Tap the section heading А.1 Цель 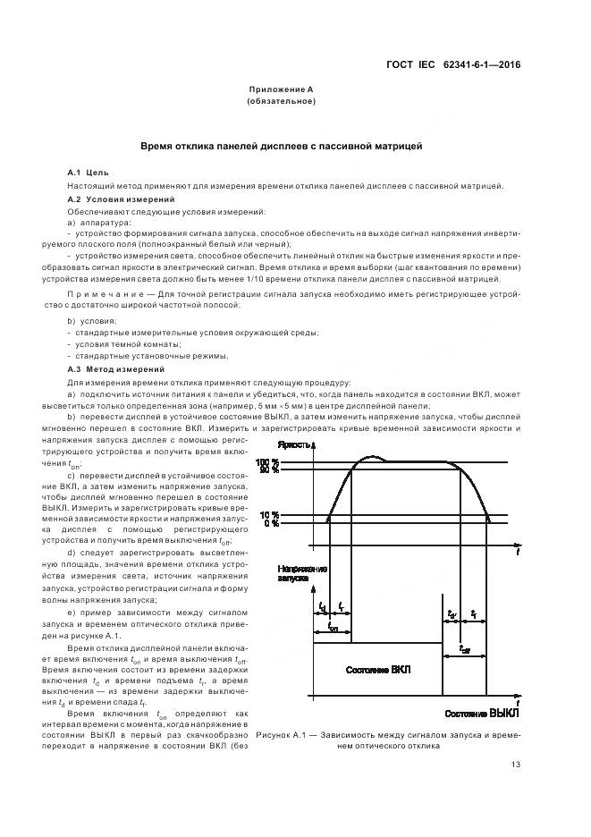tap(89, 171)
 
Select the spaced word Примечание tap(102, 292)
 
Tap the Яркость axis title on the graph tap(295, 444)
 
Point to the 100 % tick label tap(269, 461)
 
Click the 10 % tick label tap(269, 515)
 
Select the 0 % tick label tap(271, 524)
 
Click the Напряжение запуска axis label tap(302, 573)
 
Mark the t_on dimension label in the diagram tap(333, 629)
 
